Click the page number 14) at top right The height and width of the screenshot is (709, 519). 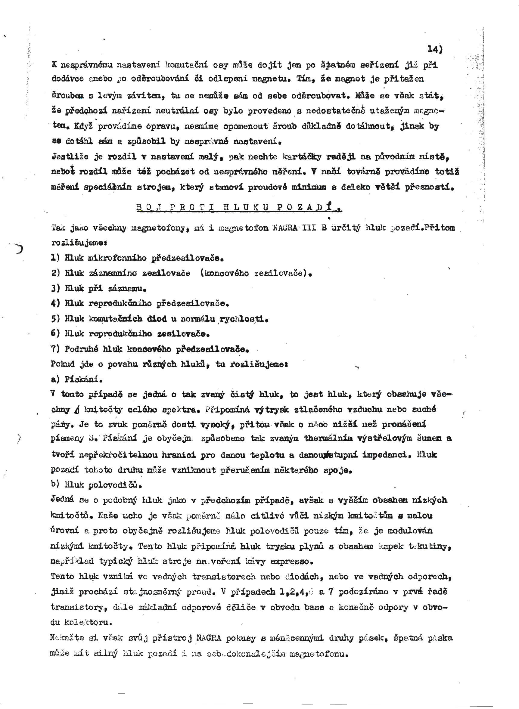(x=434, y=49)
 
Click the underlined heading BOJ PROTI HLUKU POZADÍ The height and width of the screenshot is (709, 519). (x=239, y=207)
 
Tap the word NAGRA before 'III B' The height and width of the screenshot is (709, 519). (x=287, y=228)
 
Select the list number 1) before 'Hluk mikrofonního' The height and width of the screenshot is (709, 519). (x=55, y=258)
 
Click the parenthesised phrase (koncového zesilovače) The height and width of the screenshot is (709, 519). (x=255, y=273)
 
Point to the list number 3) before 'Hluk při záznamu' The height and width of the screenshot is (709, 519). (x=55, y=288)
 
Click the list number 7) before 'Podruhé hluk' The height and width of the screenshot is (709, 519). (x=55, y=349)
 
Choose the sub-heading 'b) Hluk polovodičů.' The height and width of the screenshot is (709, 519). (x=96, y=485)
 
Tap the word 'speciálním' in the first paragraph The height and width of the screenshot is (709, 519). (x=107, y=187)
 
